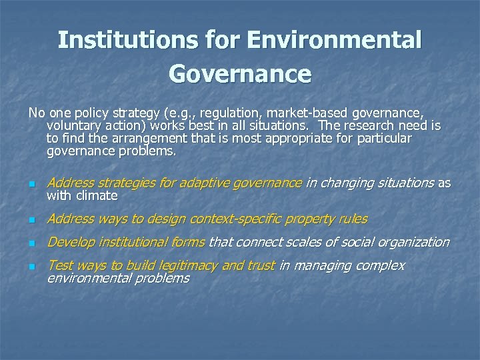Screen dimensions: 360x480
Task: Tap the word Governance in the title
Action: coord(240,73)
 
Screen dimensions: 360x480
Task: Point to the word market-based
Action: coord(304,113)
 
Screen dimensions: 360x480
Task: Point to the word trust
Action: coord(260,265)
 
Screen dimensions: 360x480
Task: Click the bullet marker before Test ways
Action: coord(31,267)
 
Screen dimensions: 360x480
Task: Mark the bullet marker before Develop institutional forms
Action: coord(31,243)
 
